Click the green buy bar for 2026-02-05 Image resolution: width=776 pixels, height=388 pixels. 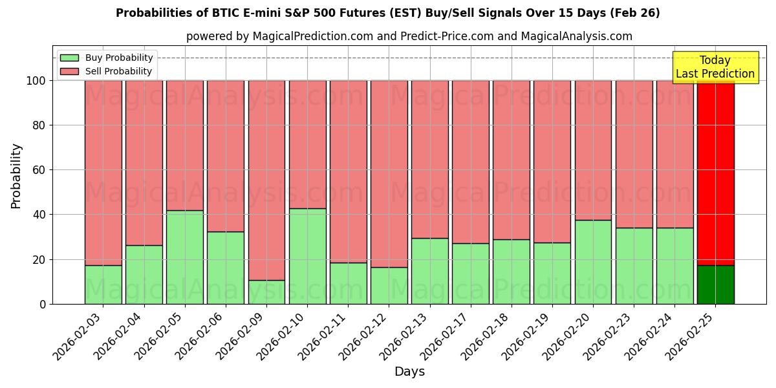click(x=184, y=257)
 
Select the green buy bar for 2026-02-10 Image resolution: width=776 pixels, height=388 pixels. click(x=307, y=256)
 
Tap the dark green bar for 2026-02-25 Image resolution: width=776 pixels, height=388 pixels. click(x=715, y=285)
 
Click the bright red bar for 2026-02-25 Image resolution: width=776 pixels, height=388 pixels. click(x=715, y=173)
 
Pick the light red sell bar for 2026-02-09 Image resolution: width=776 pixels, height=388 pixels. click(x=266, y=180)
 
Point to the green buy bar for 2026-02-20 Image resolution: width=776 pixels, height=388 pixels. click(x=593, y=262)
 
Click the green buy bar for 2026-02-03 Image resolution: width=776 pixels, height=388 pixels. click(x=103, y=285)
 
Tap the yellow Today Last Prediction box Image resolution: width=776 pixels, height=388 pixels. click(x=715, y=67)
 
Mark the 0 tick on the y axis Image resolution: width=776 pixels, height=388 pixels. click(x=42, y=304)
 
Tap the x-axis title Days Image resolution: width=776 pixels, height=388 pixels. click(x=409, y=372)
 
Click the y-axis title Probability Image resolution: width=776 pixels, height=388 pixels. click(x=16, y=176)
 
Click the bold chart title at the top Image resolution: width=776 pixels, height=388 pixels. click(x=387, y=13)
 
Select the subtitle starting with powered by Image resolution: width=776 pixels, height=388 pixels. click(x=409, y=36)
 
